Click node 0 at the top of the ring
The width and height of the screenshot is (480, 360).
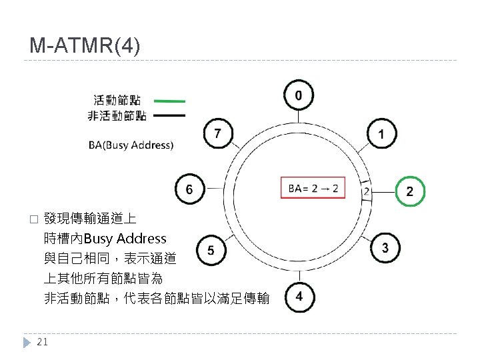pyautogui.click(x=298, y=96)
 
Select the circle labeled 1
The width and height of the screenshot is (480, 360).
pyautogui.click(x=381, y=135)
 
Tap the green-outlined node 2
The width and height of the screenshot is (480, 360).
pyautogui.click(x=409, y=191)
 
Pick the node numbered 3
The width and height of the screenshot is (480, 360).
pyautogui.click(x=385, y=248)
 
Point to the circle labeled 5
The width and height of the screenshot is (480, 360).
pyautogui.click(x=211, y=251)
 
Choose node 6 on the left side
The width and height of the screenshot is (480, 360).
pyautogui.click(x=189, y=191)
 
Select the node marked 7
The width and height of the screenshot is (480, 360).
pyautogui.click(x=217, y=135)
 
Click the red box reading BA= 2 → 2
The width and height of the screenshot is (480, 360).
pyautogui.click(x=313, y=189)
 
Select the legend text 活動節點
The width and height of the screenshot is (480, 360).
pyautogui.click(x=117, y=101)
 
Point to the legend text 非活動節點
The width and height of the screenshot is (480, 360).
pyautogui.click(x=117, y=116)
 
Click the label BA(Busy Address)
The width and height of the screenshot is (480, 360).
pyautogui.click(x=131, y=145)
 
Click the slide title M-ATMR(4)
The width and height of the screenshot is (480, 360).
pyautogui.click(x=85, y=46)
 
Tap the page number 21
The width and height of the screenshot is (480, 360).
pyautogui.click(x=43, y=342)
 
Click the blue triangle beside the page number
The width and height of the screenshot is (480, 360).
pyautogui.click(x=27, y=342)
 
